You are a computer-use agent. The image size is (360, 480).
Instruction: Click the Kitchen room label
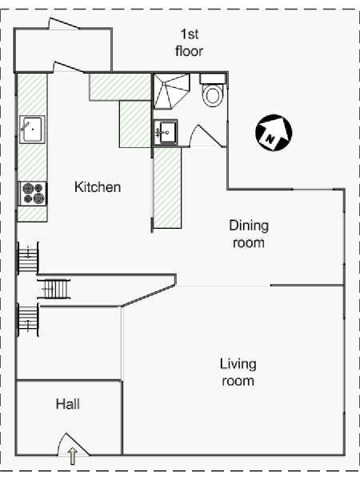pyautogui.click(x=98, y=187)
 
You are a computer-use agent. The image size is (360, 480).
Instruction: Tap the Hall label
pyautogui.click(x=68, y=404)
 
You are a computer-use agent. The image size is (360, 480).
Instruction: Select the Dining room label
pyautogui.click(x=249, y=234)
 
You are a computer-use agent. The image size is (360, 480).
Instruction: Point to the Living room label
pyautogui.click(x=238, y=372)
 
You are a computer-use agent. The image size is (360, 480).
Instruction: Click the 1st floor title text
pyautogui.click(x=189, y=42)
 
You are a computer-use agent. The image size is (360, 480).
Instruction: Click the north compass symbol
pyautogui.click(x=274, y=133)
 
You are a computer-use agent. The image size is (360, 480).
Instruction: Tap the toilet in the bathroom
pyautogui.click(x=213, y=90)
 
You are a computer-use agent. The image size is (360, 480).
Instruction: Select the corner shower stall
pyautogui.click(x=171, y=91)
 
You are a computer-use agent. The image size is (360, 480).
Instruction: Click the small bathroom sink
pyautogui.click(x=166, y=133)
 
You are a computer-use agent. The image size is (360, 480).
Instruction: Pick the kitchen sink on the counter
pyautogui.click(x=32, y=129)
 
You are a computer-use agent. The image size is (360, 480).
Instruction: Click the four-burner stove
pyautogui.click(x=33, y=194)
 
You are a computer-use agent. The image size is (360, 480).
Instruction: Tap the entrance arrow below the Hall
pyautogui.click(x=72, y=456)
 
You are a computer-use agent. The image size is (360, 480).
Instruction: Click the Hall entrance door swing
pyautogui.click(x=73, y=444)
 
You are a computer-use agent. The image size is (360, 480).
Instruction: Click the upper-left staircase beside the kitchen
pyautogui.click(x=27, y=258)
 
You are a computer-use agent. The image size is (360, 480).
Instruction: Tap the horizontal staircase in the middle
pyautogui.click(x=54, y=289)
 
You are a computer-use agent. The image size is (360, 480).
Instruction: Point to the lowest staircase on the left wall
pyautogui.click(x=27, y=320)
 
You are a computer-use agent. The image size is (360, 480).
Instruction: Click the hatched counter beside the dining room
pyautogui.click(x=167, y=188)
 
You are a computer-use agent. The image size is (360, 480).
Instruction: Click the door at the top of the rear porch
pyautogui.click(x=64, y=23)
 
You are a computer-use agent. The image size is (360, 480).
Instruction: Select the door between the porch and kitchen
pyautogui.click(x=69, y=67)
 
